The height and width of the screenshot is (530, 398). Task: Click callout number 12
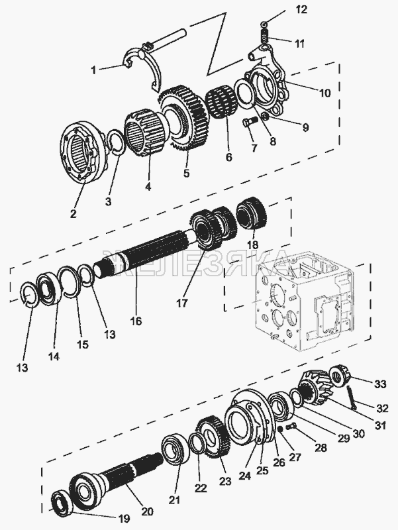301,9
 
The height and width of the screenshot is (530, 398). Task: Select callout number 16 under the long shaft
136,321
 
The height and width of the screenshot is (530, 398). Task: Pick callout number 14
54,356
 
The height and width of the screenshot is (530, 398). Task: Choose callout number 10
324,93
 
